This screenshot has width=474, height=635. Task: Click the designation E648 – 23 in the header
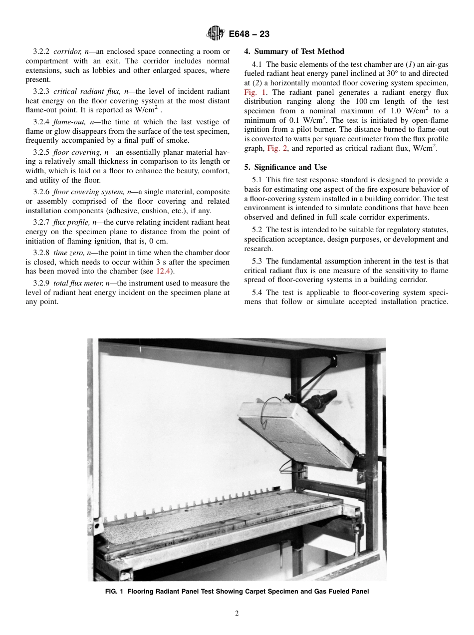(x=249, y=34)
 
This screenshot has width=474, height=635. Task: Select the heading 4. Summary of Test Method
(x=294, y=51)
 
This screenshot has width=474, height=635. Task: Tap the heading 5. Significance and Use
(x=285, y=167)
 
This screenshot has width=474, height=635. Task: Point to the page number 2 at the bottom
(x=237, y=614)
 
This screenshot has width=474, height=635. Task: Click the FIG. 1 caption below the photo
(x=237, y=592)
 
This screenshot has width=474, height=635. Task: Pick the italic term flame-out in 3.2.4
(x=71, y=122)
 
